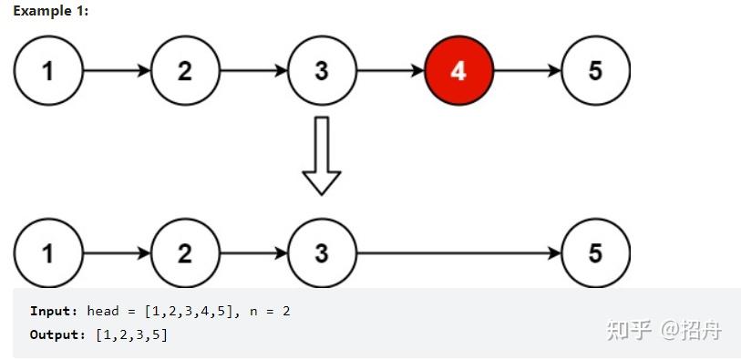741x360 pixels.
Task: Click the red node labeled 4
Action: point(458,71)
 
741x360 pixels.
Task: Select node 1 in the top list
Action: point(48,71)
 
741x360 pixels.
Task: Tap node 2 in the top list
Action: point(185,71)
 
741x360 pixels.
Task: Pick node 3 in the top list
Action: point(322,71)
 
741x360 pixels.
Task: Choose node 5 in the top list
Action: point(595,71)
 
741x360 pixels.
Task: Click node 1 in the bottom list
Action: point(48,252)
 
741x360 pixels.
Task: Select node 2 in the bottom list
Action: point(185,252)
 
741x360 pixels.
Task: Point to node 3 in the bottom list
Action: point(322,252)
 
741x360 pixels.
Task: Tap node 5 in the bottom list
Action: point(595,252)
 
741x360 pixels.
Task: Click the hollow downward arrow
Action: point(321,155)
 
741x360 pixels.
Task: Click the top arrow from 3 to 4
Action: point(390,71)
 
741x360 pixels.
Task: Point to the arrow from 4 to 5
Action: point(527,71)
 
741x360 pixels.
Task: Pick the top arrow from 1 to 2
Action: point(117,71)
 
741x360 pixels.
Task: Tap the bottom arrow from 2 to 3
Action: point(253,252)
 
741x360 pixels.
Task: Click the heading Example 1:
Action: point(51,10)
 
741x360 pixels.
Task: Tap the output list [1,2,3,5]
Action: point(131,334)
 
